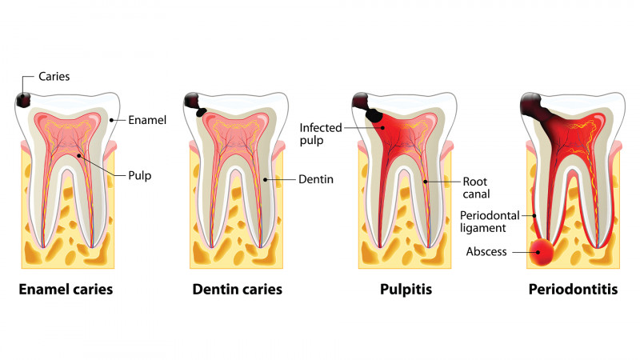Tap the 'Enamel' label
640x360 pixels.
[148, 120]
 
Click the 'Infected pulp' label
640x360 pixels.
[322, 134]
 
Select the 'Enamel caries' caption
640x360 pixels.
[66, 290]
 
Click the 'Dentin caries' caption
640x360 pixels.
[238, 290]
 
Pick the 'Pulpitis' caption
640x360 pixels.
[406, 290]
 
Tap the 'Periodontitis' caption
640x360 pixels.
[573, 290]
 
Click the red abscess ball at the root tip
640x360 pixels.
[544, 253]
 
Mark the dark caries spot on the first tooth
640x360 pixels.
[25, 99]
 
